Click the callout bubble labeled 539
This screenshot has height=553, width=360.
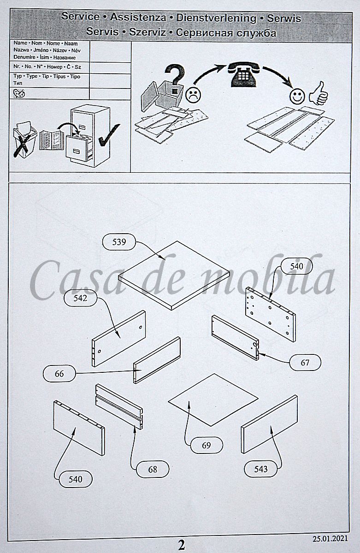[x=119, y=241]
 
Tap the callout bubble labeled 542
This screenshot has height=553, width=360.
[x=80, y=298]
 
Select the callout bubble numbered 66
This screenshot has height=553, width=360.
[x=59, y=374]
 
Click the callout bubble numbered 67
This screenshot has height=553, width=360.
[x=305, y=362]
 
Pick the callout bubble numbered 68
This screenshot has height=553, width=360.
[x=153, y=469]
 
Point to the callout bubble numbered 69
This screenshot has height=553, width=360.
[x=207, y=445]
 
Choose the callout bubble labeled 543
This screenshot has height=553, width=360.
[x=261, y=469]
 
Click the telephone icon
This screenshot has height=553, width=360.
[x=243, y=74]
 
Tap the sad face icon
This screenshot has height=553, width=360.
[x=193, y=94]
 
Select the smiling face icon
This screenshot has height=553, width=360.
[x=297, y=96]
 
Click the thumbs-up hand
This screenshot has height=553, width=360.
[x=319, y=94]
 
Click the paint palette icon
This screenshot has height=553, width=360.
[x=19, y=93]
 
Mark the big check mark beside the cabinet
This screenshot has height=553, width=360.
[x=109, y=135]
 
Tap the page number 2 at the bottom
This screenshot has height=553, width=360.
[x=182, y=545]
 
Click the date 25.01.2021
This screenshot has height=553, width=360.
[x=330, y=538]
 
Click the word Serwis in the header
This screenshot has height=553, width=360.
[x=284, y=18]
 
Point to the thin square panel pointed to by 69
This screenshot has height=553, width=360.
[x=213, y=400]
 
